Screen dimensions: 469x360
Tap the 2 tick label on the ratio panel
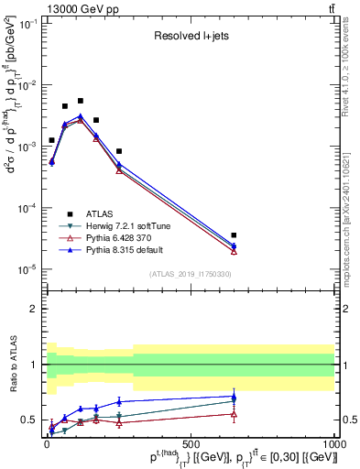(32, 309)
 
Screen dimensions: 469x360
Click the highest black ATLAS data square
(81, 101)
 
